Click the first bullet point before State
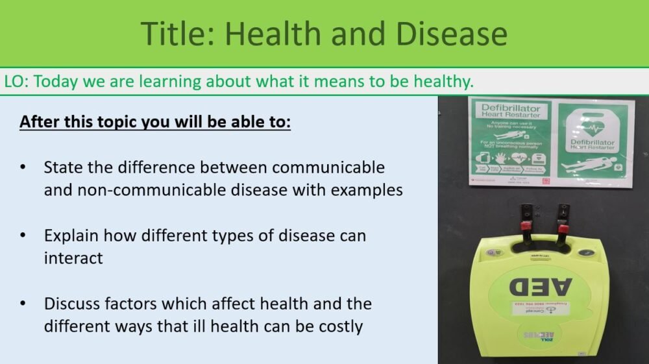pos(23,168)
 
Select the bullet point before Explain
pos(23,236)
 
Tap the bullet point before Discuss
pos(23,304)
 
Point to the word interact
pos(73,258)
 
